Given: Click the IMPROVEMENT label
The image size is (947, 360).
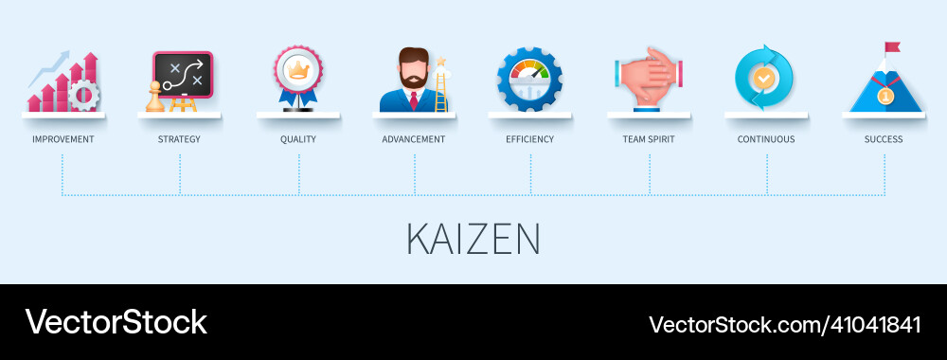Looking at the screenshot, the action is coord(63,139).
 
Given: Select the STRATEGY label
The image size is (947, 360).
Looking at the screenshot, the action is coord(179,139).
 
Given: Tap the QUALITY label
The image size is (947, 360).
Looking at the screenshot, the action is coord(298,139).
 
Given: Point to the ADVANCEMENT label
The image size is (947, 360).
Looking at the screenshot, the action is coord(414,139).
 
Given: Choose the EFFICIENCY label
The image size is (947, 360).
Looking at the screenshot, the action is coord(530,139).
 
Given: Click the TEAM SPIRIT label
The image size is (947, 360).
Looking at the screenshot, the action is coord(649,139).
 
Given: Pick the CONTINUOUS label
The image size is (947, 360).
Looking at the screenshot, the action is coord(766,139).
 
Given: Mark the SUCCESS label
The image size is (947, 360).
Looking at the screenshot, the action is coord(884,139).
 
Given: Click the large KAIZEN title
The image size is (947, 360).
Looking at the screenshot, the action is coord(473,240).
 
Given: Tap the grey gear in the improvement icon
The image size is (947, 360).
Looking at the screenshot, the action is coord(84,97).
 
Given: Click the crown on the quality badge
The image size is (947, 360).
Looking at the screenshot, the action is coord(298,69).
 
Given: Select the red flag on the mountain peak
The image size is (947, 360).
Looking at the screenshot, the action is coord(891,47).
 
